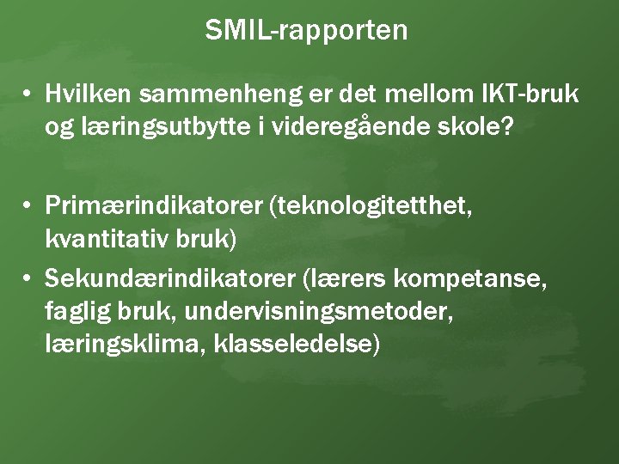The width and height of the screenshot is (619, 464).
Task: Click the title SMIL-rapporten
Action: click(306, 31)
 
